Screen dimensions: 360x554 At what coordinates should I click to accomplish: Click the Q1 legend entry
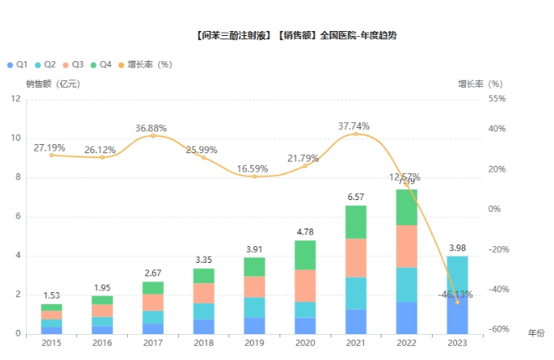pyautogui.click(x=18, y=64)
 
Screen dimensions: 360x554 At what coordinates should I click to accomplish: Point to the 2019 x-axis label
pyautogui.click(x=254, y=343)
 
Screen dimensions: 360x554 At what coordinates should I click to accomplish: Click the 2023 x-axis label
pyautogui.click(x=457, y=343)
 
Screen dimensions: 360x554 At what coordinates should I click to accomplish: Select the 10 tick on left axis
pyautogui.click(x=17, y=138)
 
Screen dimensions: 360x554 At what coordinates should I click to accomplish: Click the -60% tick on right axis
pyautogui.click(x=498, y=330)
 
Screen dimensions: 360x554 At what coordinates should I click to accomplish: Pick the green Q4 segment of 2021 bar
pyautogui.click(x=356, y=222)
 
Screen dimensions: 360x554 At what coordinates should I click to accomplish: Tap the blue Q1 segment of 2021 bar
pyautogui.click(x=356, y=321)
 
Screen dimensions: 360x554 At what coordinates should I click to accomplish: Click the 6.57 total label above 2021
pyautogui.click(x=356, y=198)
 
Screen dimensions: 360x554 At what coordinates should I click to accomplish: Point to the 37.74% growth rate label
pyautogui.click(x=353, y=126)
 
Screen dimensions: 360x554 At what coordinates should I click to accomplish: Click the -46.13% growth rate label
pyautogui.click(x=454, y=294)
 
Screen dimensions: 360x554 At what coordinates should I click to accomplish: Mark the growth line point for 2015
pyautogui.click(x=52, y=155)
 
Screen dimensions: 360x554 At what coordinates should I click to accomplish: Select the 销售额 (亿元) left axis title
pyautogui.click(x=52, y=84)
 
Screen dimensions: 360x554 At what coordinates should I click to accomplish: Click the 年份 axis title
pyautogui.click(x=536, y=333)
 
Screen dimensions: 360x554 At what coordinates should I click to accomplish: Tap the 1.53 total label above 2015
pyautogui.click(x=52, y=296)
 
